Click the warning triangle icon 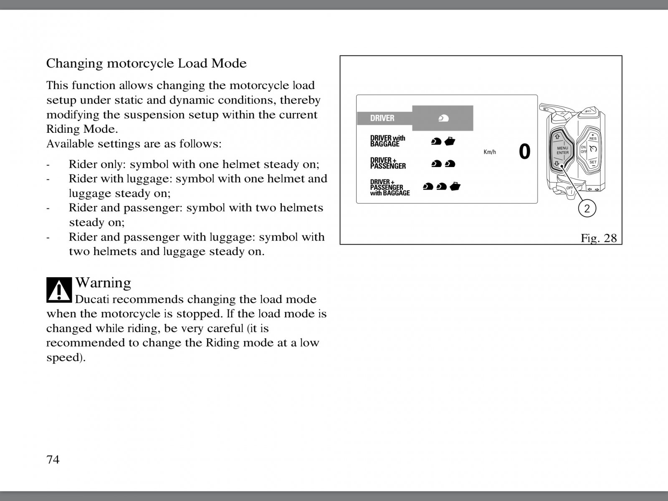coord(59,289)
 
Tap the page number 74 coord(53,460)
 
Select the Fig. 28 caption coord(598,238)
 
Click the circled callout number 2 coord(587,208)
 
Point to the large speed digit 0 coord(524,152)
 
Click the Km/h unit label coord(490,152)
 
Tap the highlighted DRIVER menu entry coord(382,118)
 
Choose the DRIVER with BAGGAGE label coord(387,141)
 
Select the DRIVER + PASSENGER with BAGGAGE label coord(390,187)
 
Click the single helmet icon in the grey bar coord(443,119)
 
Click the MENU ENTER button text coord(562,150)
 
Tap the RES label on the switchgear coord(593,139)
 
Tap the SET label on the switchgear coord(593,162)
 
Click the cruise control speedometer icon coord(593,149)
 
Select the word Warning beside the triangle coord(103,283)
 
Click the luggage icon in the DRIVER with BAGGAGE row coord(450,142)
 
